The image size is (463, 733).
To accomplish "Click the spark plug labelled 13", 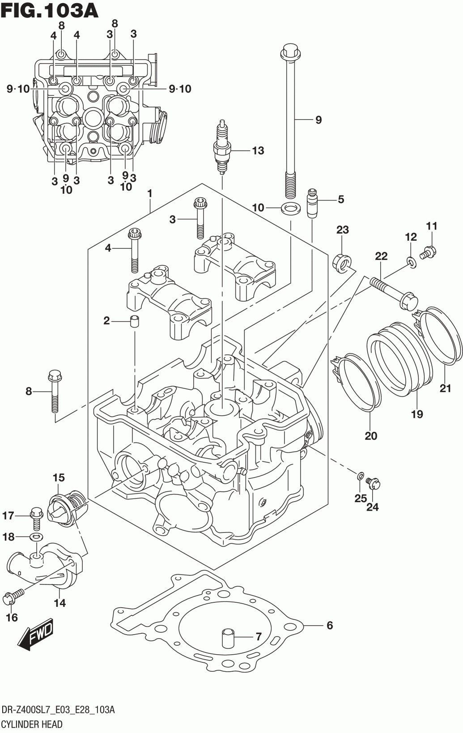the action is tap(222, 147).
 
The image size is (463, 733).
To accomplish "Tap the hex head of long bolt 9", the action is tap(291, 53).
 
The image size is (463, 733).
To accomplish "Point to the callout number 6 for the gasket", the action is tap(330, 625).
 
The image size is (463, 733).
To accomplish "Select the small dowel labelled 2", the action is tap(135, 321).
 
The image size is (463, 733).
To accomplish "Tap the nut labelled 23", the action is tap(342, 262).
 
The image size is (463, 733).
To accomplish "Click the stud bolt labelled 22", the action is tap(394, 293).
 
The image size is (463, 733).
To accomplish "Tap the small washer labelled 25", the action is tap(360, 475).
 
